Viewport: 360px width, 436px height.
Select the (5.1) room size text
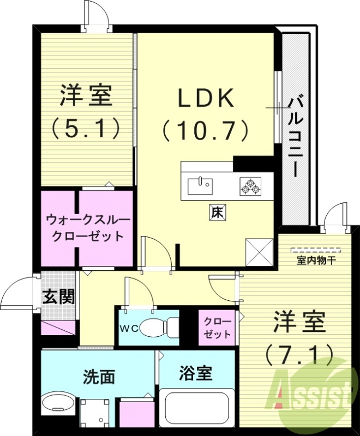86,129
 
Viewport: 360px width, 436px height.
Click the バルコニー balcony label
296,136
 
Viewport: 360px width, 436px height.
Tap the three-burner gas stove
250,186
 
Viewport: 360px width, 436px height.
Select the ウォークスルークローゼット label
88,228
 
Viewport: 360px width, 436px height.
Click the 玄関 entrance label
58,297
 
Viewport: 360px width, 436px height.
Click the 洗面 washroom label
99,376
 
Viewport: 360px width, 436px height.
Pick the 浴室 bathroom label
195,373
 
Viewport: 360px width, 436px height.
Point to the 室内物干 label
316,261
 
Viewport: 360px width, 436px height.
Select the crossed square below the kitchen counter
260,252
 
